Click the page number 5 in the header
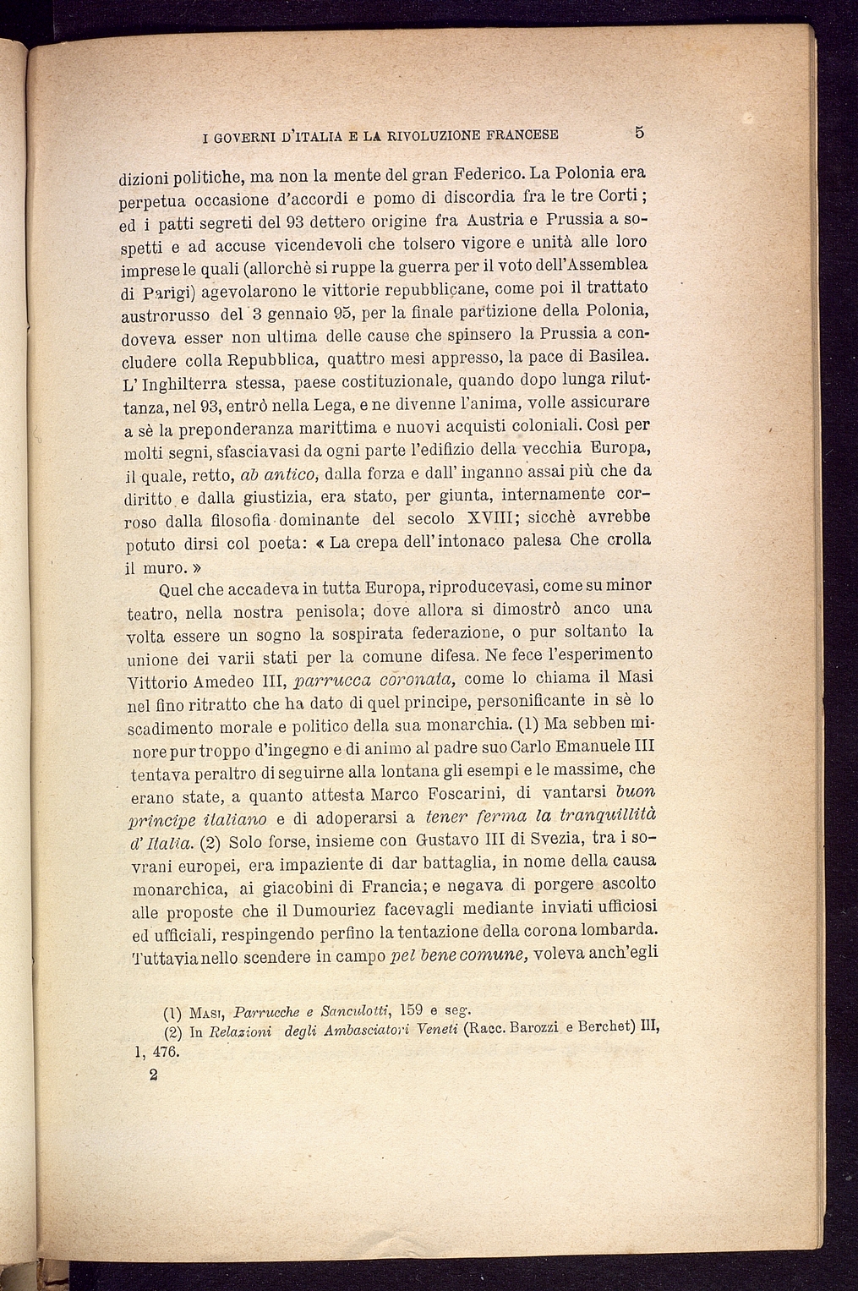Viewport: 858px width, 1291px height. (x=639, y=133)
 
